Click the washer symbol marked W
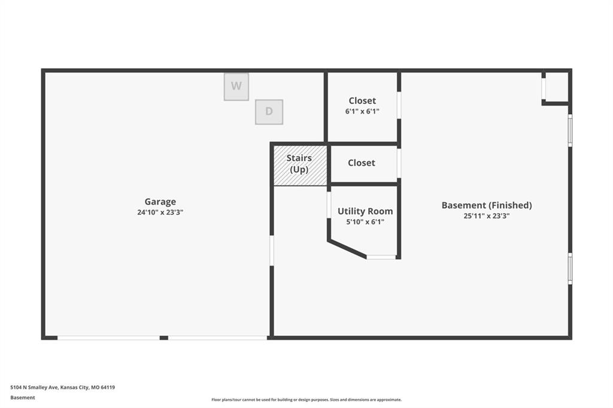[236, 86]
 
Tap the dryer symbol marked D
[269, 112]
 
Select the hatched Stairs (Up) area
[300, 165]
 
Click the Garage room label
[160, 202]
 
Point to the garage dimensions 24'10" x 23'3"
[160, 212]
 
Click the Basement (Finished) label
[487, 205]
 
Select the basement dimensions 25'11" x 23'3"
[487, 216]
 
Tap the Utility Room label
[365, 211]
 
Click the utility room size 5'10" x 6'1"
[365, 222]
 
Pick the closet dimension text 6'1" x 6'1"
[362, 111]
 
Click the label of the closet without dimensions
[362, 163]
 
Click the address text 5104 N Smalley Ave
[34, 388]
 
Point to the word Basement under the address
[23, 398]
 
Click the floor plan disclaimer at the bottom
[306, 400]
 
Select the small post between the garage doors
[164, 337]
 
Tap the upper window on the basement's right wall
[570, 130]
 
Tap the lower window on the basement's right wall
[570, 269]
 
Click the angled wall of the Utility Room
[347, 249]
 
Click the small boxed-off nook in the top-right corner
[556, 87]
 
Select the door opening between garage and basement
[272, 251]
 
